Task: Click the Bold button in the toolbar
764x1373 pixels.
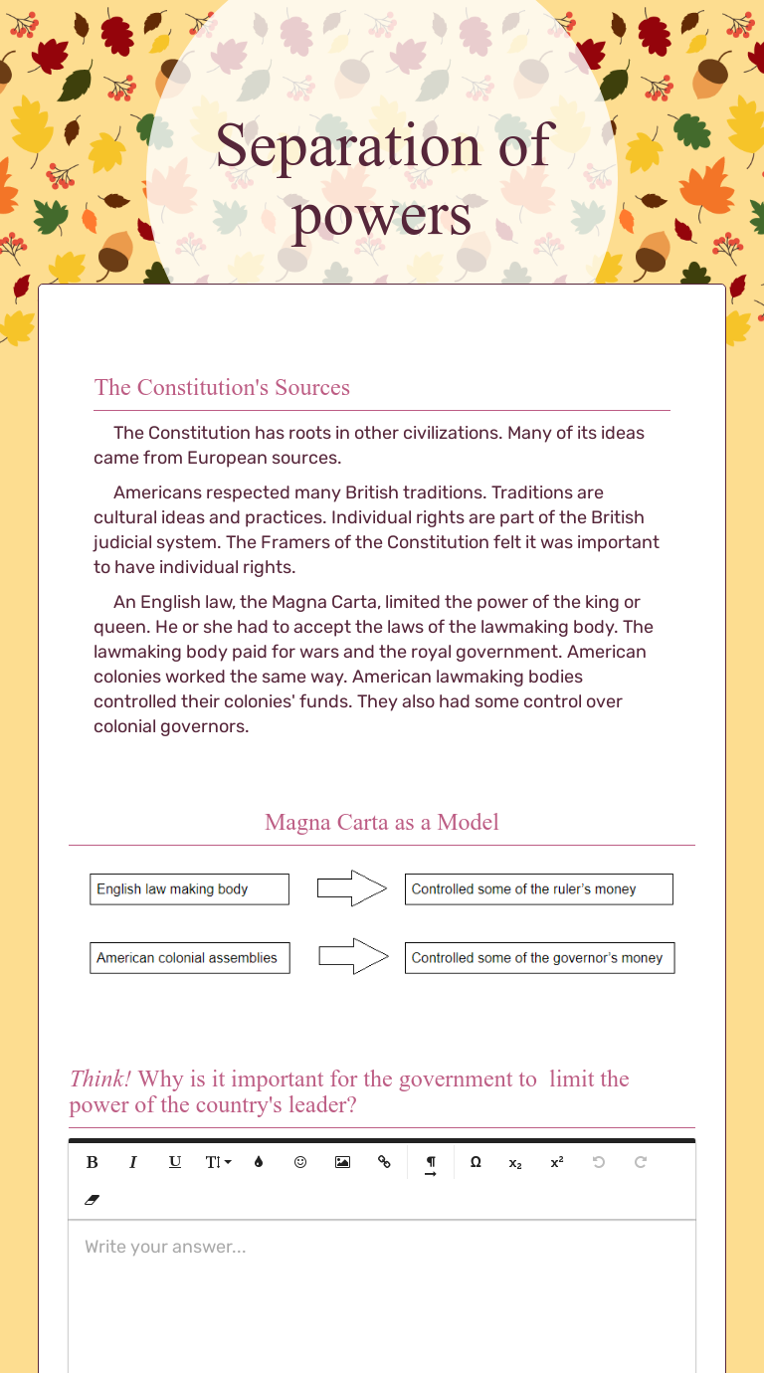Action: pos(93,1162)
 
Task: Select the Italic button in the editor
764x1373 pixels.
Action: pos(133,1162)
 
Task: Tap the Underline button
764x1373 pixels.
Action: pos(175,1162)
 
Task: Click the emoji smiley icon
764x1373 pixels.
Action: pos(300,1162)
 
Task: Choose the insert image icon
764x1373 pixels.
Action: pos(342,1162)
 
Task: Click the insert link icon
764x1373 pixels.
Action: pos(384,1162)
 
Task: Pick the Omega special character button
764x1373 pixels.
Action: pos(476,1162)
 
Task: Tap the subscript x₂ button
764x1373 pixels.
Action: pos(515,1162)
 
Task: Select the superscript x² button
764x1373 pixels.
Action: pos(557,1162)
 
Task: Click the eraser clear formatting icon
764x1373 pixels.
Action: pos(93,1200)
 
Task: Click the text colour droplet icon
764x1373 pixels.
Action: pos(259,1162)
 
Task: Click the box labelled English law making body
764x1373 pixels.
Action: pos(189,889)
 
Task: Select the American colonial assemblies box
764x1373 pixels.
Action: pos(189,958)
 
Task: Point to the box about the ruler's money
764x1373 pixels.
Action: pos(538,889)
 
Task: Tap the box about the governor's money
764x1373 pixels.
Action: pos(539,958)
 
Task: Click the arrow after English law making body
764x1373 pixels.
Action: pos(351,888)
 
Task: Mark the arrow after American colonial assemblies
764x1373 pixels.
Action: pos(352,957)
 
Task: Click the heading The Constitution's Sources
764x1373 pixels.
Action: pos(222,387)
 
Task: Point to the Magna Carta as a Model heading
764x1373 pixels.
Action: pos(382,822)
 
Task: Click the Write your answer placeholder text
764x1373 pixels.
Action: pos(165,1247)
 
